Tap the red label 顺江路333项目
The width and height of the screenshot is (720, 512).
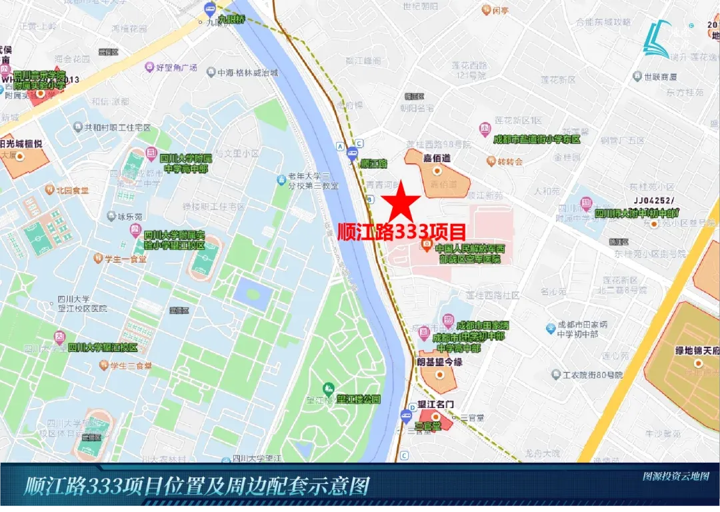(402, 232)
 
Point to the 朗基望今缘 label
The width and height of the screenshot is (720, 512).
(439, 362)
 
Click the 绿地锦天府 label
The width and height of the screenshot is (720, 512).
(697, 350)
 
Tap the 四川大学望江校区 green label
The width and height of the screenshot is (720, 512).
(103, 347)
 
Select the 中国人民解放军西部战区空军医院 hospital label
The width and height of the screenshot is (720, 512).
(470, 253)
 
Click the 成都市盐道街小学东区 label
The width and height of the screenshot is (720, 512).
(537, 139)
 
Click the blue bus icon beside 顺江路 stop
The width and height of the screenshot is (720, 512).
(352, 157)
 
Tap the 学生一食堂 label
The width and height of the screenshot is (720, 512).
(125, 259)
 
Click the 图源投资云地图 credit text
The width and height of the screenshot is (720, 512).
(675, 477)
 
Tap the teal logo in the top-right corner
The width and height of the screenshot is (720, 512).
(657, 38)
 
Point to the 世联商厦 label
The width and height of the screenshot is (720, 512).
(660, 77)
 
